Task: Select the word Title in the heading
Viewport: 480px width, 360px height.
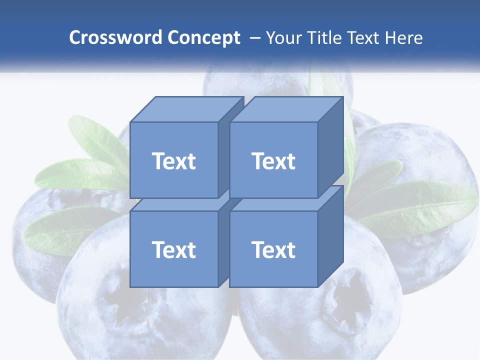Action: [323, 37]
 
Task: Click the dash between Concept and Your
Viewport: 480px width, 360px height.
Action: [254, 37]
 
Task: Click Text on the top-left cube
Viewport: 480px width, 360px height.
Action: [174, 161]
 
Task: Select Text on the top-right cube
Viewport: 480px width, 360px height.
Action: [273, 161]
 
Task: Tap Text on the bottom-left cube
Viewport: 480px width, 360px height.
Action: [174, 249]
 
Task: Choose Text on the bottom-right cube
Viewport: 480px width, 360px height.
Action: [273, 249]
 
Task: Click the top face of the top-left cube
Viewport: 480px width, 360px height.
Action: [186, 109]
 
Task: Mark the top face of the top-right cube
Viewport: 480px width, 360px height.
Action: [286, 109]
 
